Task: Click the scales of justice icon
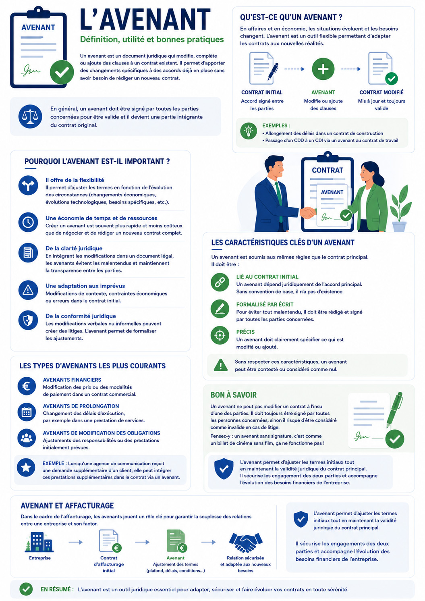click(30, 116)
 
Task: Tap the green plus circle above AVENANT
click(323, 69)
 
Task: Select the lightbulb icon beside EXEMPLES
click(249, 131)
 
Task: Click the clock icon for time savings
click(28, 222)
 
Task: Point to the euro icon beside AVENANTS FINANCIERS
click(27, 386)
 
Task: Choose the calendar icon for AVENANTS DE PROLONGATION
click(27, 412)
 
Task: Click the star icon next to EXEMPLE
click(26, 468)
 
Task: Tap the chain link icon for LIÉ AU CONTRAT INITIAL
click(220, 282)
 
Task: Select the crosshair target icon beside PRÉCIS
click(220, 335)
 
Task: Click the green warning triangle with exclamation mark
click(221, 365)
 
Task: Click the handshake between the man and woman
click(308, 212)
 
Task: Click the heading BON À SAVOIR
click(234, 395)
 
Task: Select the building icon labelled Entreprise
click(39, 542)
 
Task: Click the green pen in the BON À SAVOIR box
click(395, 410)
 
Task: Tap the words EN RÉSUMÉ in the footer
click(57, 589)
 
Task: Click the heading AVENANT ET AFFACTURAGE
click(67, 506)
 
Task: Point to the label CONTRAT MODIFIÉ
click(381, 92)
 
